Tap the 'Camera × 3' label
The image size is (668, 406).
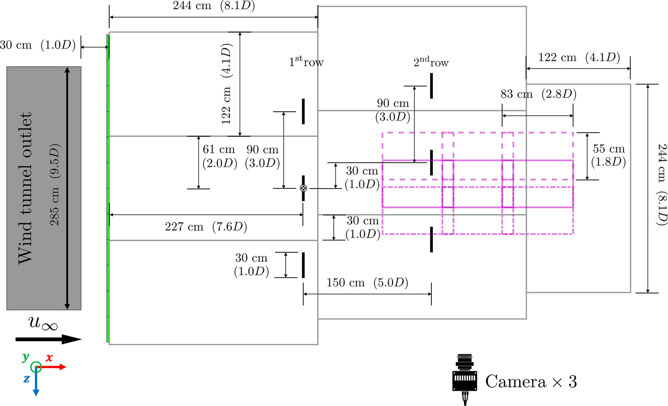(x=531, y=382)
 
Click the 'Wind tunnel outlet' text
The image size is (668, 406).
(x=25, y=188)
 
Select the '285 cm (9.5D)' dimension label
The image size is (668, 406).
(x=55, y=185)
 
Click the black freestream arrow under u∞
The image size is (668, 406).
(x=48, y=339)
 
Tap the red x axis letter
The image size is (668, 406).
(x=49, y=358)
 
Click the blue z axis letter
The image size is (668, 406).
(x=27, y=379)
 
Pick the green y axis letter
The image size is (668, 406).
(x=26, y=357)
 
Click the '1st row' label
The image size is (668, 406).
(x=306, y=61)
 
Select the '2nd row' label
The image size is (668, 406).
(x=431, y=62)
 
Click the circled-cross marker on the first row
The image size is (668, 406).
(x=303, y=188)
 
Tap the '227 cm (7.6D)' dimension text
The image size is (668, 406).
(x=206, y=227)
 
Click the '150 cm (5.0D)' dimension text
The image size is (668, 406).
(x=367, y=283)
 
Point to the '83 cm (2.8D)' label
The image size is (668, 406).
(x=538, y=94)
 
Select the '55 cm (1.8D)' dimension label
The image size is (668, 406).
(x=609, y=155)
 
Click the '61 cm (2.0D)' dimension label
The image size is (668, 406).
(x=219, y=156)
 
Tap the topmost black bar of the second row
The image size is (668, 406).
(x=431, y=86)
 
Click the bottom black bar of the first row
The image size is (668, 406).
(x=303, y=265)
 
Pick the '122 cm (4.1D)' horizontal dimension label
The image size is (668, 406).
(x=579, y=57)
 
